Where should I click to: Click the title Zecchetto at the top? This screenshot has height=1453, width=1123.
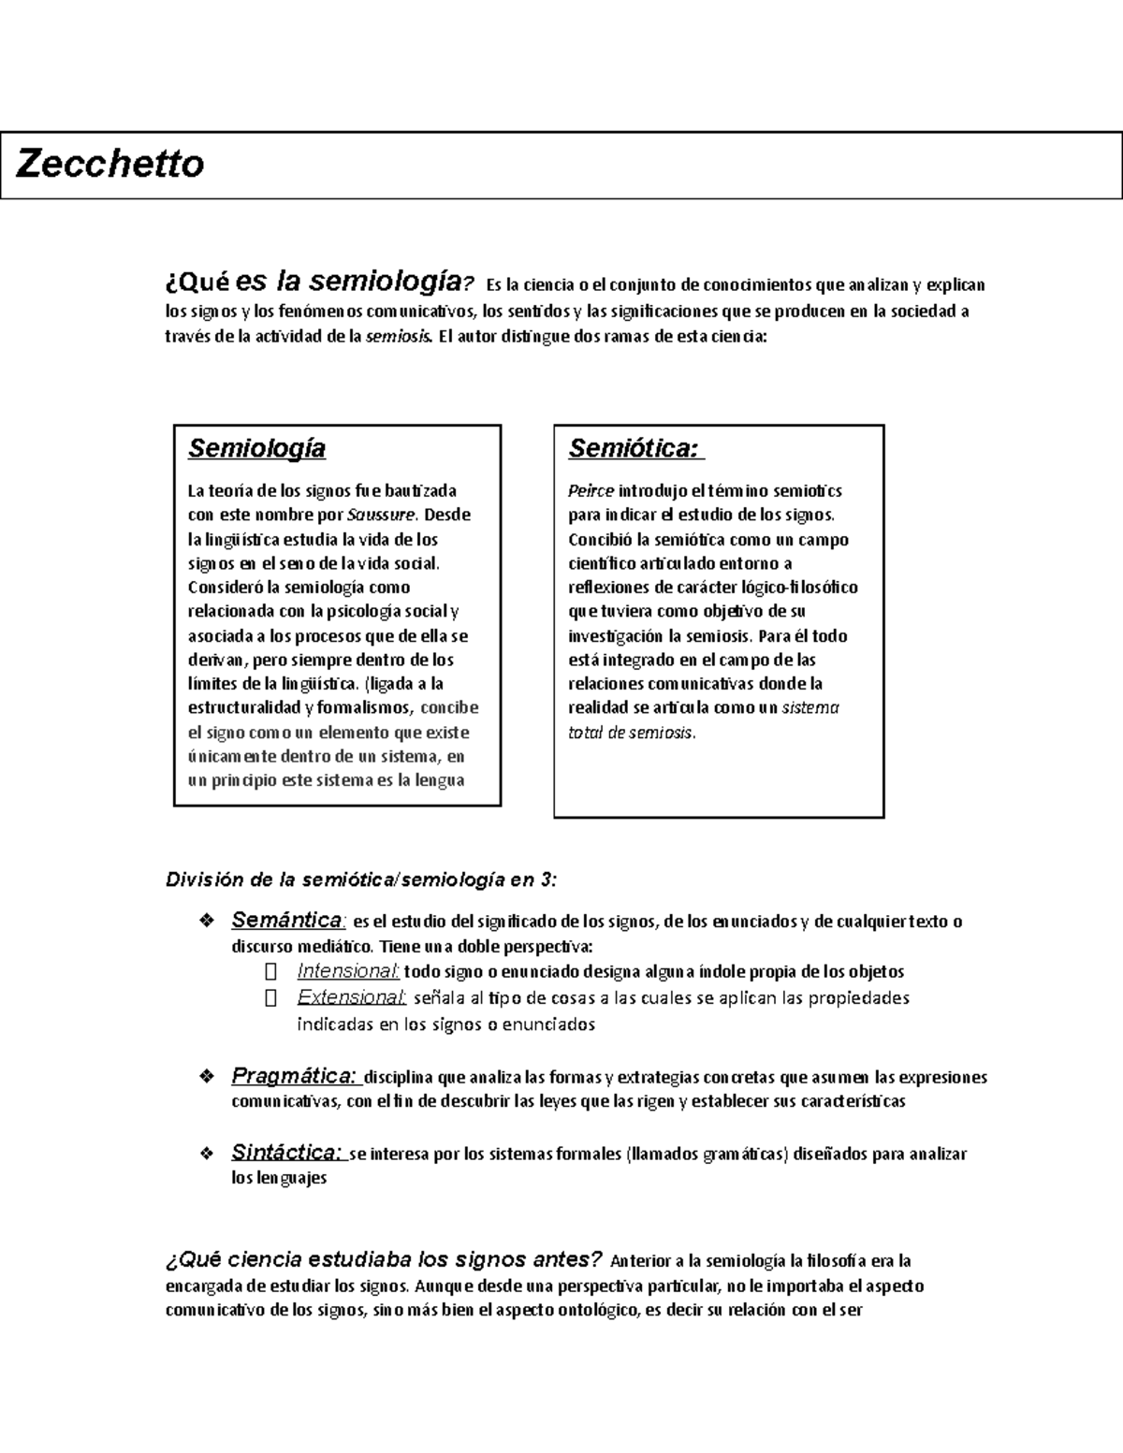click(x=110, y=165)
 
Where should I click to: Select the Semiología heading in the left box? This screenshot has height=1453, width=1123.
click(x=256, y=448)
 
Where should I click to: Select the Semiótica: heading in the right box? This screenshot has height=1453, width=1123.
click(x=634, y=449)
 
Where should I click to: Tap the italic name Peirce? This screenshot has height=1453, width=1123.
click(x=591, y=491)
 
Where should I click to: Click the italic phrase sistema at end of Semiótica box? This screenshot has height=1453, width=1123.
click(x=810, y=708)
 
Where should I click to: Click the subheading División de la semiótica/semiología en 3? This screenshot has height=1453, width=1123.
click(x=361, y=879)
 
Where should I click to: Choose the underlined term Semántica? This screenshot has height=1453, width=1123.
click(x=287, y=920)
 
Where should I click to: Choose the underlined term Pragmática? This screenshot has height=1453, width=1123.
click(x=293, y=1076)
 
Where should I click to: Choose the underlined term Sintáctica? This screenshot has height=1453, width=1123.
click(x=287, y=1153)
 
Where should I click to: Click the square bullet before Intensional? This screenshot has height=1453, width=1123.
click(x=271, y=971)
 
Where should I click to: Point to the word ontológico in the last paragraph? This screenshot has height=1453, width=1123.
click(x=595, y=1310)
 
